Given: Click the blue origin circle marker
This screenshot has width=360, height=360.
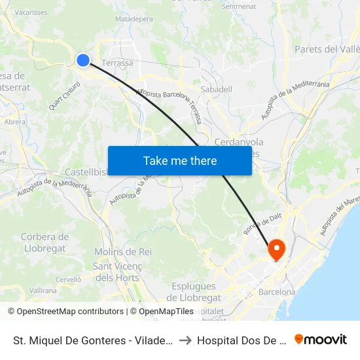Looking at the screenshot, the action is [83, 60].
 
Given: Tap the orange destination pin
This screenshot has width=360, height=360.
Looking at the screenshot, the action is [276, 249].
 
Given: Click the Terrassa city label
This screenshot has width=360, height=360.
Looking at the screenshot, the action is [118, 63].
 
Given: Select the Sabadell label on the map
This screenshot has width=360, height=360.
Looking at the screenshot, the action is [216, 88].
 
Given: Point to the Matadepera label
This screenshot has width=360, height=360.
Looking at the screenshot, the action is [134, 20].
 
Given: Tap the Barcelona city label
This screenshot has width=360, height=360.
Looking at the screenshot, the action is [277, 292].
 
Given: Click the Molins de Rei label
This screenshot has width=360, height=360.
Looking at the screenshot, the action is [123, 252].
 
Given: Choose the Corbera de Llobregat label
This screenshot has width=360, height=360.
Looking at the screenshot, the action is [45, 242].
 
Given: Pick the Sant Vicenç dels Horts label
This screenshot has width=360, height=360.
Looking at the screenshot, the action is [116, 272].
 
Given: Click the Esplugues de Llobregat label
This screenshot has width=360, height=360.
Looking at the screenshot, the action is [193, 292].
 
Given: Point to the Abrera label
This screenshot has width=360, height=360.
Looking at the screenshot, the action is [15, 122].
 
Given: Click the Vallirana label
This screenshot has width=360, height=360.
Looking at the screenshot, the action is [43, 290].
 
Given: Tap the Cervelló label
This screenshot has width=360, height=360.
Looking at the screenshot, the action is [68, 279].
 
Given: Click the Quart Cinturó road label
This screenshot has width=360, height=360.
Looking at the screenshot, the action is [64, 95].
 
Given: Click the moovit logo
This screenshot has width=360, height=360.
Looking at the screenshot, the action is [321, 340].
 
